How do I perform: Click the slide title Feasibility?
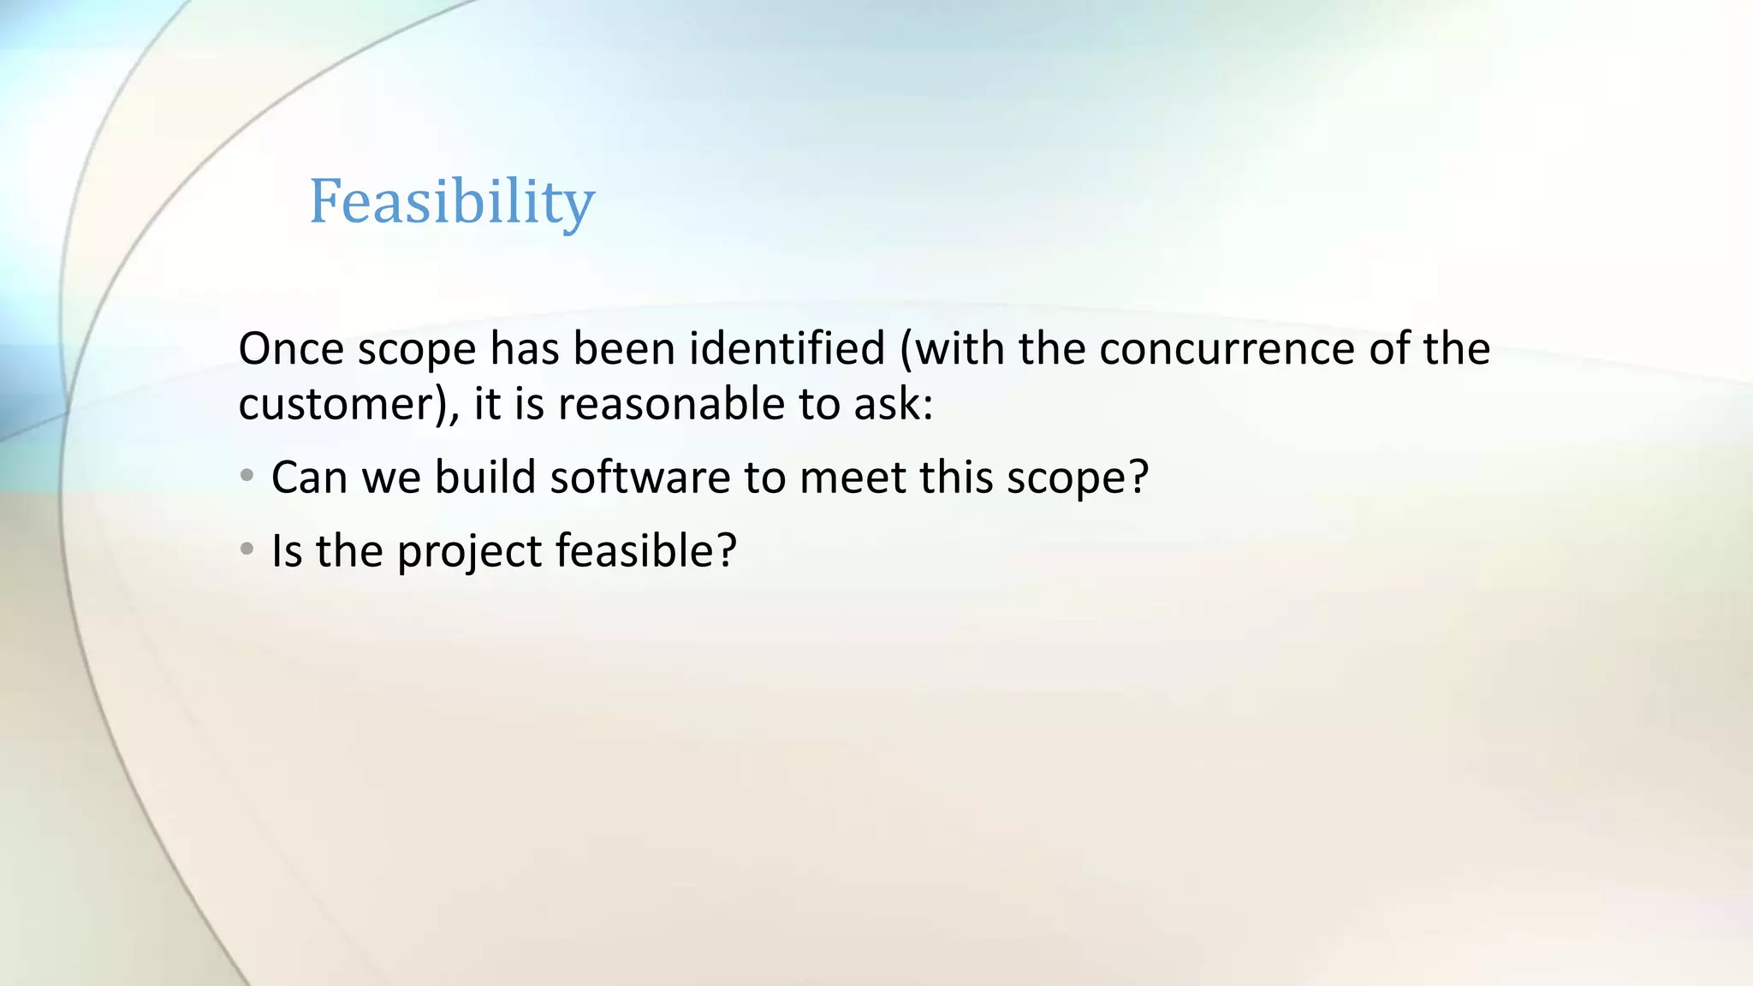(451, 202)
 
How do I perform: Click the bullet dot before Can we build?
(247, 476)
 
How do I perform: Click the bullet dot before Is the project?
(247, 549)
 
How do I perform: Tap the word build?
(485, 478)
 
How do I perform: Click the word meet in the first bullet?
(852, 478)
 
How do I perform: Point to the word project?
(469, 552)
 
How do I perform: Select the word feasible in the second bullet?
(636, 550)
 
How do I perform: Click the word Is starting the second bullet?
(286, 550)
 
